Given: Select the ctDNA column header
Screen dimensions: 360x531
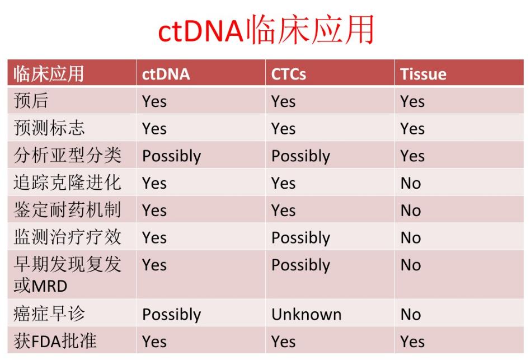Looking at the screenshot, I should pyautogui.click(x=166, y=74).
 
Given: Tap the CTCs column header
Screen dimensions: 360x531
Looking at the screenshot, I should pyautogui.click(x=289, y=74).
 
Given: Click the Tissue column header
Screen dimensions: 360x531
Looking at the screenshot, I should pyautogui.click(x=423, y=74).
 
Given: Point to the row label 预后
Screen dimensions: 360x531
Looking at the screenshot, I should pyautogui.click(x=31, y=101).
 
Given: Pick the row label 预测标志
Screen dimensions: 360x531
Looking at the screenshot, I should pyautogui.click(x=49, y=128).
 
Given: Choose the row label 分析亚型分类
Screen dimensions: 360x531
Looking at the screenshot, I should pyautogui.click(x=67, y=156).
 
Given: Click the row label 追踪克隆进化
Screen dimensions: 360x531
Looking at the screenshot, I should pyautogui.click(x=67, y=183).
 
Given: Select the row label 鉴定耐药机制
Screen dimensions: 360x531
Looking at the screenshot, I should pyautogui.click(x=67, y=211).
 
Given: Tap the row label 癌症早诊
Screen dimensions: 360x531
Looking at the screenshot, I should pyautogui.click(x=49, y=314).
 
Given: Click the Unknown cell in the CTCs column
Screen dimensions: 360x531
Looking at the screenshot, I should pyautogui.click(x=306, y=315).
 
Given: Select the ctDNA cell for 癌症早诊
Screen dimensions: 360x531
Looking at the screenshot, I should pyautogui.click(x=171, y=315).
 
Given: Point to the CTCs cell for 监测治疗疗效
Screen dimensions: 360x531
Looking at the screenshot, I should pyautogui.click(x=300, y=238).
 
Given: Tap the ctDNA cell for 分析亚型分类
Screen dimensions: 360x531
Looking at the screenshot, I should pyautogui.click(x=171, y=156).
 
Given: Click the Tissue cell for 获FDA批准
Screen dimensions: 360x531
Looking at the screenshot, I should pyautogui.click(x=412, y=342).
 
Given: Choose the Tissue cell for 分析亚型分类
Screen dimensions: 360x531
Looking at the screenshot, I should pyautogui.click(x=412, y=156).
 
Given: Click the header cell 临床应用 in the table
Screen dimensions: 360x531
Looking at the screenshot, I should pyautogui.click(x=49, y=74).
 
